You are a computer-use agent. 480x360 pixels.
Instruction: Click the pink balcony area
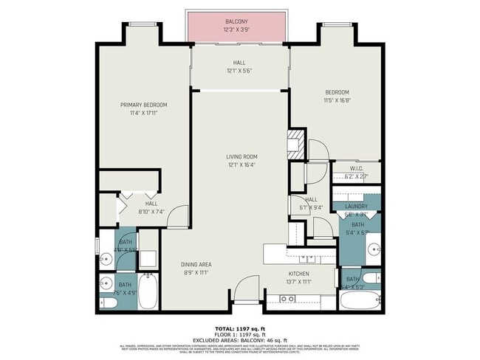pyautogui.click(x=236, y=27)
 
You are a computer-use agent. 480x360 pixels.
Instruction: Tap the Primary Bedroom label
pyautogui.click(x=144, y=105)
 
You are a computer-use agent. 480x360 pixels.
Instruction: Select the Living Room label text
pyautogui.click(x=241, y=156)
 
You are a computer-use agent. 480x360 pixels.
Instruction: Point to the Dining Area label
pyautogui.click(x=196, y=264)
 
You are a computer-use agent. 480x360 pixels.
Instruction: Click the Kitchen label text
pyautogui.click(x=298, y=273)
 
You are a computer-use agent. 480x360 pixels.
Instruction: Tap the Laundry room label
pyautogui.click(x=357, y=207)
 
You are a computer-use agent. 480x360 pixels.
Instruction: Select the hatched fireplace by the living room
pyautogui.click(x=296, y=141)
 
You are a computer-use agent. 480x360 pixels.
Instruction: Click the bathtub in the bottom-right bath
pyautogui.click(x=359, y=300)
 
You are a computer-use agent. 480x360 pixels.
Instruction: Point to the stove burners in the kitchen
pyautogui.click(x=287, y=299)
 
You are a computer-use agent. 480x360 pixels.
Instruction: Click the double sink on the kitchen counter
pyautogui.click(x=306, y=259)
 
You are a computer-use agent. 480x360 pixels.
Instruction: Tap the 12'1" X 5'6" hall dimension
pyautogui.click(x=239, y=72)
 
